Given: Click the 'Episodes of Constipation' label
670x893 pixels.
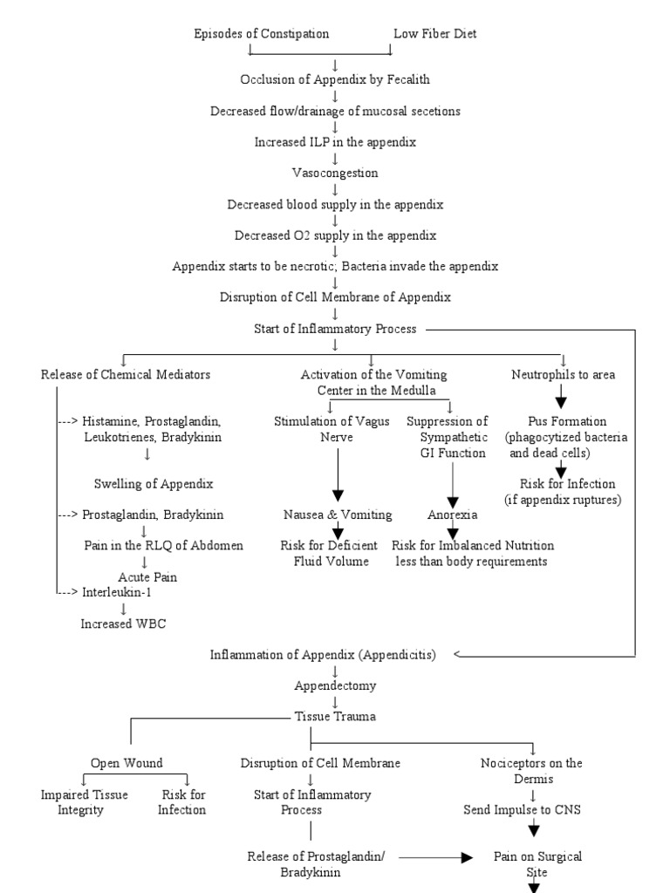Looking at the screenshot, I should point(261,34).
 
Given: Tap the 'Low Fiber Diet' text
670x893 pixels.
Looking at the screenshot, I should point(435,34).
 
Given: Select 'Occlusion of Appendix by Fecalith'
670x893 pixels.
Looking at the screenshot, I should point(335,79).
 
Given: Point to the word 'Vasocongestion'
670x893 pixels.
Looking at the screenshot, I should point(335,173).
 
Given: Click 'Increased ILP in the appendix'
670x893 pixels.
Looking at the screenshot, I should point(335,141).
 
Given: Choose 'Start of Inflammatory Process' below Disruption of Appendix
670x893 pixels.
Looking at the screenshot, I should point(335,329).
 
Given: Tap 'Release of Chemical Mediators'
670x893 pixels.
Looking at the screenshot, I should point(126,375).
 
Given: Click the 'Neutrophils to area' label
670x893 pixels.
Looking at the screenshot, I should point(563,375).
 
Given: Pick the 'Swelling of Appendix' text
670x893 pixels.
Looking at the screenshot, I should point(154,483).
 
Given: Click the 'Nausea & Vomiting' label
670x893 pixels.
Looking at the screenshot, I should point(337,515).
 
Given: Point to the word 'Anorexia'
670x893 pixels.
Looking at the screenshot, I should point(452,515).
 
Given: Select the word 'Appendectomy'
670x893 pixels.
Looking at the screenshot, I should point(335,685).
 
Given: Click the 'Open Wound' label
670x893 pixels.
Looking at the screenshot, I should point(126,763).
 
